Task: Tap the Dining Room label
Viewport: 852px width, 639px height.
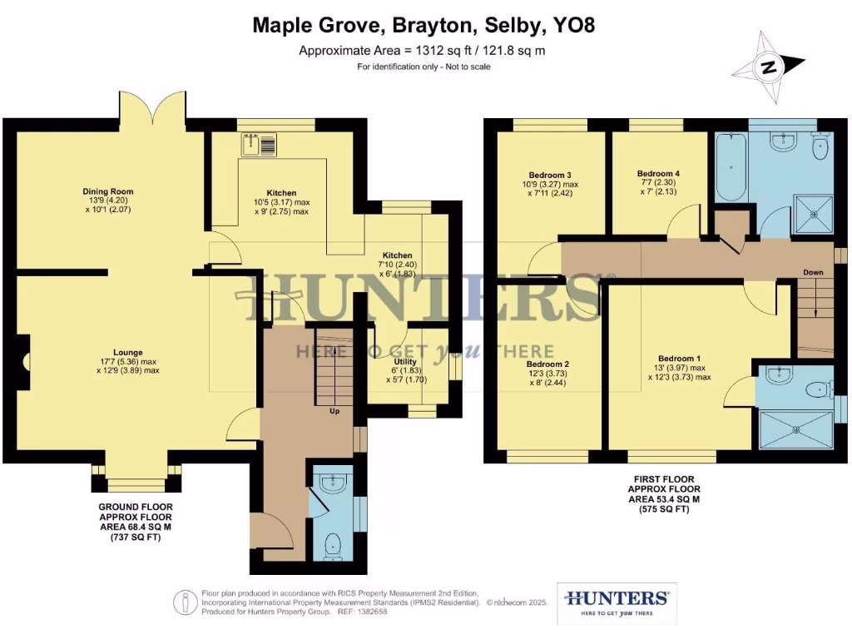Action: coord(107,191)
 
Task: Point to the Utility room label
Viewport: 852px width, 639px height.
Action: coord(405,363)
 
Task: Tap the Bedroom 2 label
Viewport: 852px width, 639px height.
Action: coord(547,364)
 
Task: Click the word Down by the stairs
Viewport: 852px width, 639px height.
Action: coord(813,273)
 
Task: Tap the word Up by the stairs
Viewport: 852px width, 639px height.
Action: coord(334,411)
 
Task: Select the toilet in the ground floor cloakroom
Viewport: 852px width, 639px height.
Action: coord(334,545)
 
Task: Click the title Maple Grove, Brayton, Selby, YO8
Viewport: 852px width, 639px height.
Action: coord(424,27)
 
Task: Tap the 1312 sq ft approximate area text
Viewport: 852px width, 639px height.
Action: coord(424,51)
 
